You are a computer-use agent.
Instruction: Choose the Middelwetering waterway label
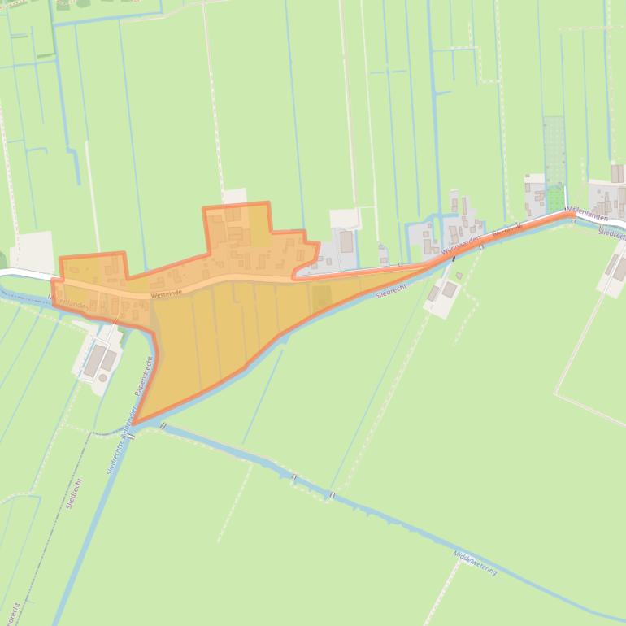click(475, 561)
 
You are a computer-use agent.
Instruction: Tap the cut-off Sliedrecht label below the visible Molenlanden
click(611, 233)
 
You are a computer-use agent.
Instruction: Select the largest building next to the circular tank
click(94, 359)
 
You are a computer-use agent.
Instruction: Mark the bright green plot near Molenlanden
click(555, 198)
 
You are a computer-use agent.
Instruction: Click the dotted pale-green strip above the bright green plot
click(554, 150)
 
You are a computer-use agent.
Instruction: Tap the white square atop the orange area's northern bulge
click(234, 196)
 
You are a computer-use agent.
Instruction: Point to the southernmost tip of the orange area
click(134, 424)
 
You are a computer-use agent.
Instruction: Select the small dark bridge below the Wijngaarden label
click(454, 259)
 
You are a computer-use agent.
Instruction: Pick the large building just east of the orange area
click(346, 241)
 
